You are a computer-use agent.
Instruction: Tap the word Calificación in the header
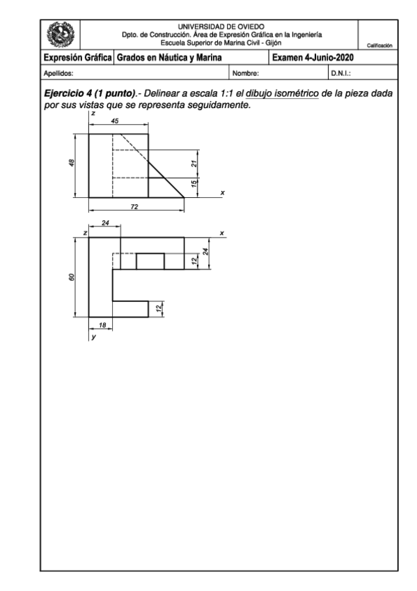376,45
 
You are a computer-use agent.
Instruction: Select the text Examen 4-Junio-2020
315,58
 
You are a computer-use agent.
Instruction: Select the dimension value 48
72,162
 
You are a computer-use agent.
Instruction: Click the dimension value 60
72,277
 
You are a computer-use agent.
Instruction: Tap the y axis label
92,337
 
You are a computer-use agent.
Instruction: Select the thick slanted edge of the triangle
167,176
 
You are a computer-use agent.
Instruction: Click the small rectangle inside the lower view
150,261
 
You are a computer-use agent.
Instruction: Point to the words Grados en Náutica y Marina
164,58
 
